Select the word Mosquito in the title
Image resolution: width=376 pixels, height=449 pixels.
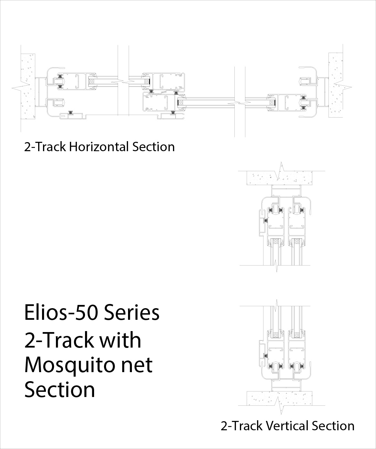69,365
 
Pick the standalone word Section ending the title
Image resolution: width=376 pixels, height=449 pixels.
60,390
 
